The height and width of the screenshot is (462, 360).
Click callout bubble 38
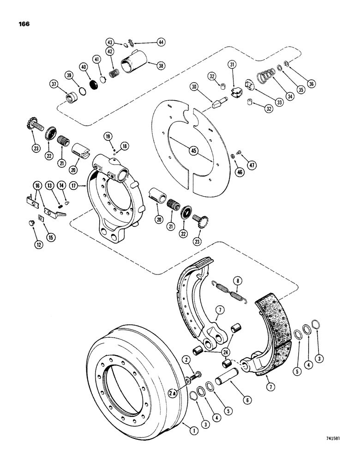(x=161, y=66)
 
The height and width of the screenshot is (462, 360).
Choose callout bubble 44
(x=148, y=42)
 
